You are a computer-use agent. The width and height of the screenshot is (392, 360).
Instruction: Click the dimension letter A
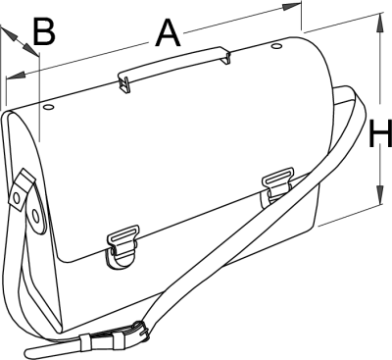point(169,33)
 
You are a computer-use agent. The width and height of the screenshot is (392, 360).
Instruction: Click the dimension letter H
point(380,133)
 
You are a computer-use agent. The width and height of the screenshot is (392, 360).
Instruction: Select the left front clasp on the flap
point(122,247)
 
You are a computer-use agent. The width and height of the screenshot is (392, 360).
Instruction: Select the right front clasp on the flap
point(276,186)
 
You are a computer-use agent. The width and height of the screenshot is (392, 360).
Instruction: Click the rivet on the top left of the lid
point(48,107)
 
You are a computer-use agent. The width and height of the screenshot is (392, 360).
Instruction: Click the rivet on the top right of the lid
point(276,46)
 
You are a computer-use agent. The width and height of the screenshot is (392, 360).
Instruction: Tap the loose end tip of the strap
point(26,352)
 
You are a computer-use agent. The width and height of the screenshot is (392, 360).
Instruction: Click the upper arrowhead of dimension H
point(380,23)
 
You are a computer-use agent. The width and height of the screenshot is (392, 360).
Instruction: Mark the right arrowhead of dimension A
point(292,7)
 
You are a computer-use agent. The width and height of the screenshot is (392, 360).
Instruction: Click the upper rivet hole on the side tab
point(17,197)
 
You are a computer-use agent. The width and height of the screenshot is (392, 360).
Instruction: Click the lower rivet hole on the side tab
point(35,216)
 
